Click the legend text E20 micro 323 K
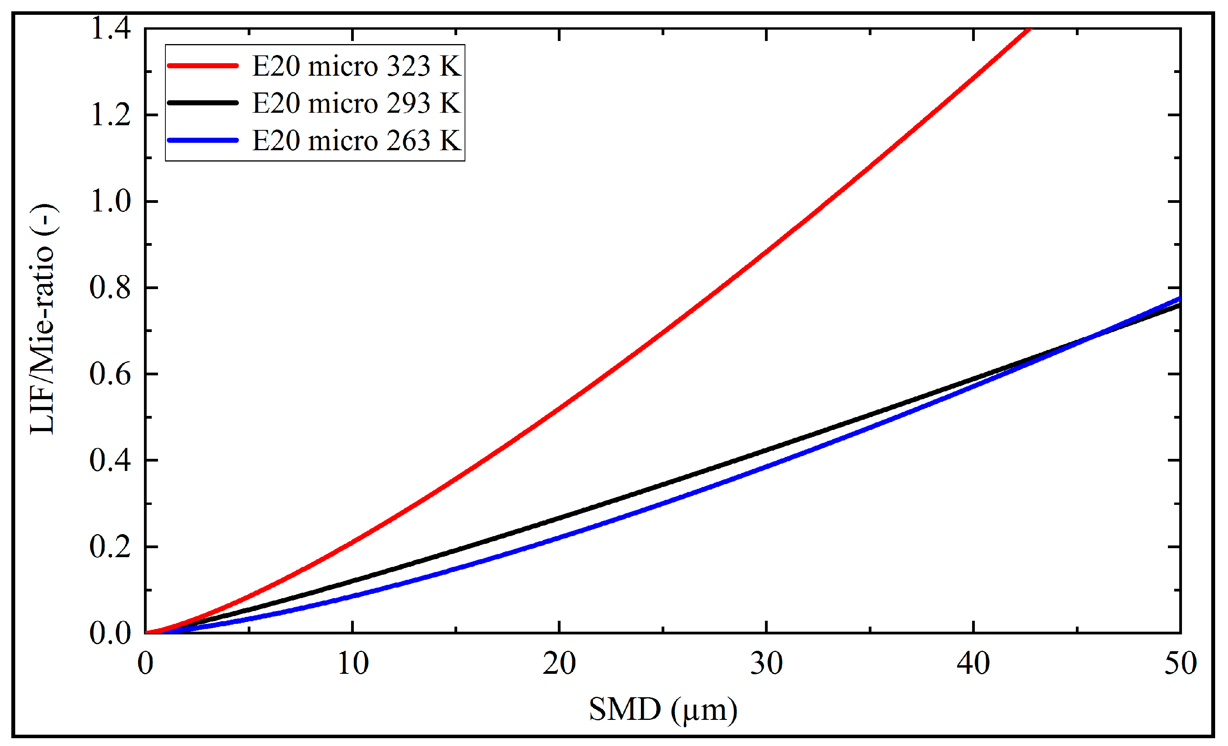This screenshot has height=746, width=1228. [x=356, y=66]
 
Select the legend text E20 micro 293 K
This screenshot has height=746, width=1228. [x=356, y=103]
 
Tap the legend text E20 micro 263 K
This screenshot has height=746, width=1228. [x=356, y=140]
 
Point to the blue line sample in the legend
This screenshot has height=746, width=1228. [x=203, y=140]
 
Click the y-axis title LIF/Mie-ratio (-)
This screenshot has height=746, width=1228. [x=44, y=319]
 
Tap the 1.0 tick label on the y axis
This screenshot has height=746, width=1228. [x=110, y=201]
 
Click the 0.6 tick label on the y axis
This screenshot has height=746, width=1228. [x=110, y=374]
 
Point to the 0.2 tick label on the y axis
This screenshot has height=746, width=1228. [x=110, y=547]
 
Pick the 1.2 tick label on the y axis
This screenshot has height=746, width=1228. [x=110, y=115]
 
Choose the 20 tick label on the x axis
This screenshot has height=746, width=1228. [x=559, y=664]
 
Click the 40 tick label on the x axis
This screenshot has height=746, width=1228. [x=973, y=664]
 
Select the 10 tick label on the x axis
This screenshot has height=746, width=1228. [x=353, y=664]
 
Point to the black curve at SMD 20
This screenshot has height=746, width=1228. [x=559, y=518]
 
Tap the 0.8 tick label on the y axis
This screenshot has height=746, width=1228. [x=110, y=288]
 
